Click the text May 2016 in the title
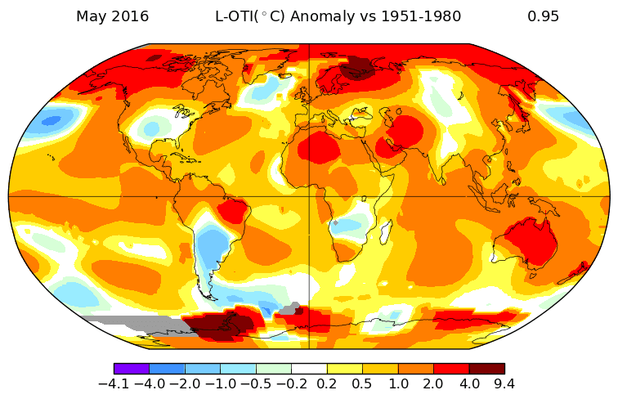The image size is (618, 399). click(x=112, y=16)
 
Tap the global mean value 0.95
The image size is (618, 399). click(x=543, y=16)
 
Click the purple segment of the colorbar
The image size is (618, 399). click(x=132, y=369)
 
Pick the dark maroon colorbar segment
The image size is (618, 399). click(x=486, y=369)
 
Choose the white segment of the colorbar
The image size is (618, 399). click(x=309, y=369)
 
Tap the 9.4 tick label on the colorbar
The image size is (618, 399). click(x=504, y=383)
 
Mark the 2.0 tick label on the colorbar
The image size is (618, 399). click(x=433, y=383)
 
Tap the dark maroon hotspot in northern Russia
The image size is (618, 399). click(x=356, y=69)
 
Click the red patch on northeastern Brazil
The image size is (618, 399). click(x=232, y=212)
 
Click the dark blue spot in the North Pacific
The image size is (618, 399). click(x=51, y=120)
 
